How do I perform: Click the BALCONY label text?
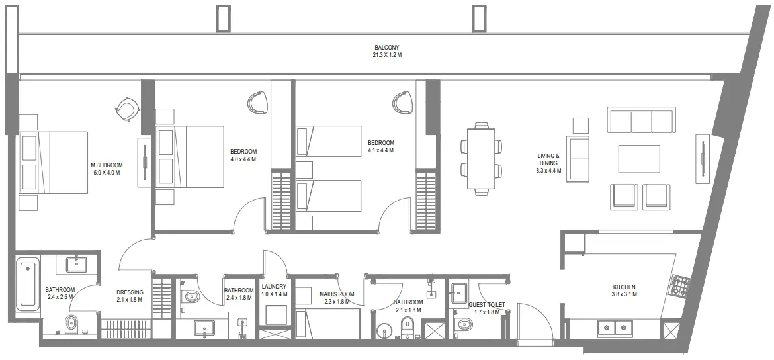387,48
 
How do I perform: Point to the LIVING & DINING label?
548,159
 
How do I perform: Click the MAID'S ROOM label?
337,294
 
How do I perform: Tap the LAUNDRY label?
274,287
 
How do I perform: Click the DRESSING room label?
130,292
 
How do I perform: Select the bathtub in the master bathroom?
28,285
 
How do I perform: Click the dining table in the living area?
480,159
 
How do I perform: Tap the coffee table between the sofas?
639,159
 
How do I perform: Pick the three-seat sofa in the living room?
642,122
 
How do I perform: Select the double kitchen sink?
615,327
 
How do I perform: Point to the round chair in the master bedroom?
126,108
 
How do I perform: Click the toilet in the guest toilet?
465,324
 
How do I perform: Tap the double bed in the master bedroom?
54,162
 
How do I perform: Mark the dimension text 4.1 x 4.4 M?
380,150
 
